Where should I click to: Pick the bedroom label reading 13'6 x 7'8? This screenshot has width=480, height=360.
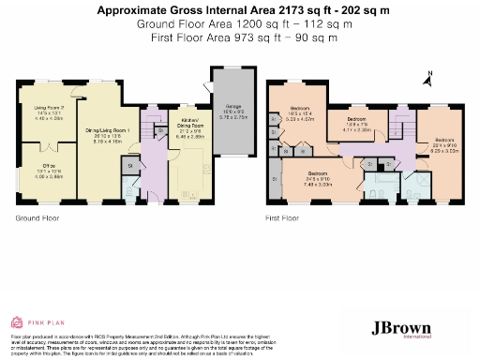(357, 125)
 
